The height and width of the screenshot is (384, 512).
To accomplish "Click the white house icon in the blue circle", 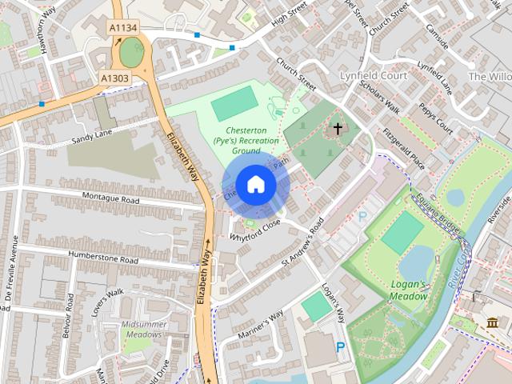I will point(255,185).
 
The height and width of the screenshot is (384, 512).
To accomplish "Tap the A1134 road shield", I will point(122,28).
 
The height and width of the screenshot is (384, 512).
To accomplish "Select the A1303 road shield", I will point(114,78).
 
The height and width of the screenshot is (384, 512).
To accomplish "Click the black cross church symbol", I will point(338,128).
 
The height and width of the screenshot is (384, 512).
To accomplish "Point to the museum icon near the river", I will point(492,322).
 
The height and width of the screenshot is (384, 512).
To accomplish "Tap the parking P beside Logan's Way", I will point(341,348).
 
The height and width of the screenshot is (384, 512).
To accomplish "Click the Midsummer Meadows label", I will point(144,330).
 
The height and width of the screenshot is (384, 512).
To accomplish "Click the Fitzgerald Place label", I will point(403,149).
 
